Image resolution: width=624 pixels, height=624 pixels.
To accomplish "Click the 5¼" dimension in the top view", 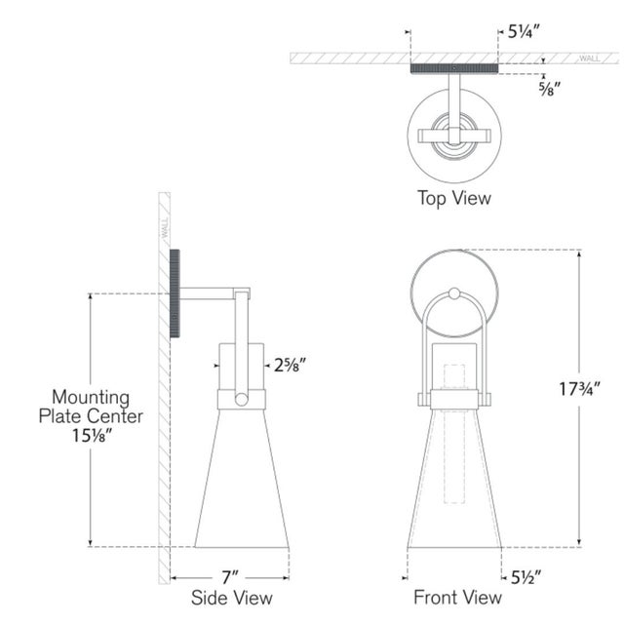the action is coord(524,31).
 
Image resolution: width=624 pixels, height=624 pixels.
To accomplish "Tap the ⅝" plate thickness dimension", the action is coord(550,89).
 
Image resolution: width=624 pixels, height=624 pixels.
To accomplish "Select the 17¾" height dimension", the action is coord(579,389).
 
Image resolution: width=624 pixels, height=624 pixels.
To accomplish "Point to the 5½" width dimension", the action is coord(526,577).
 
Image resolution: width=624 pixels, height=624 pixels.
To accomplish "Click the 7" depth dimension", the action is coord(230,577).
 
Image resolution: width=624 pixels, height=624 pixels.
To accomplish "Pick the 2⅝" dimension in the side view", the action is coord(291,365).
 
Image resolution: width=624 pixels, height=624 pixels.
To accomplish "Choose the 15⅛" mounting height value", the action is coord(91,436).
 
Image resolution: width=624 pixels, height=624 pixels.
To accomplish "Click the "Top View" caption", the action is coord(454,198).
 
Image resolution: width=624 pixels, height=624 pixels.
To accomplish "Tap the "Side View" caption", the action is coord(232,598).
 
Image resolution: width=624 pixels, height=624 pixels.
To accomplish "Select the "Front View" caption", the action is coord(457,598).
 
